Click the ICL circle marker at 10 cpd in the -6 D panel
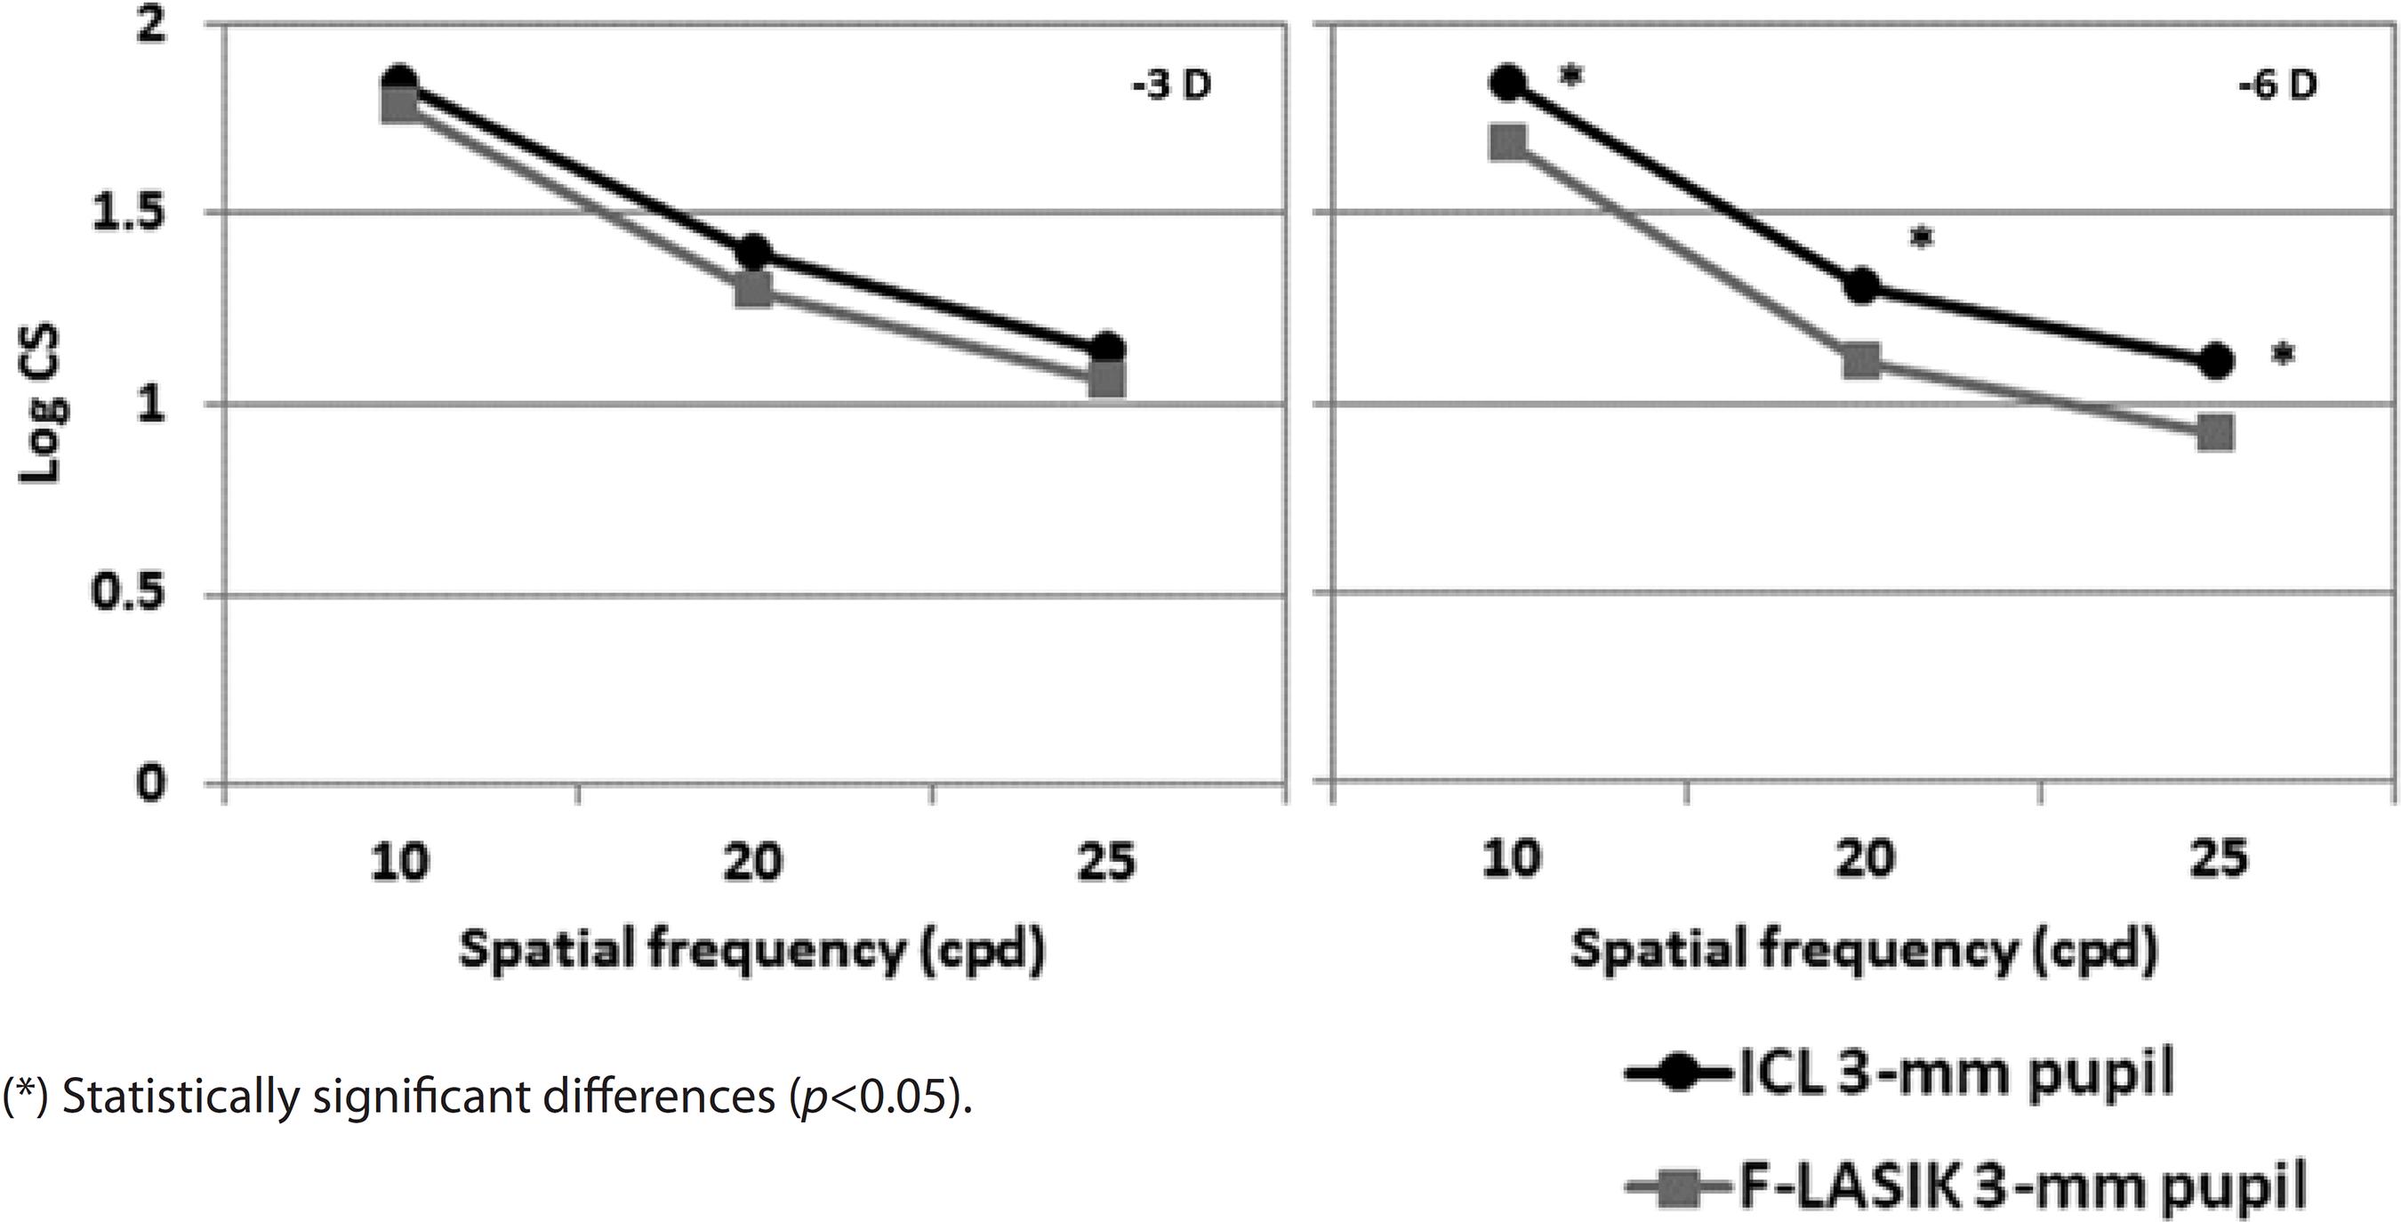[x=1508, y=82]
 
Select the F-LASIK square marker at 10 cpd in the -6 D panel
[x=1508, y=143]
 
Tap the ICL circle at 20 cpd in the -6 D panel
[x=1861, y=286]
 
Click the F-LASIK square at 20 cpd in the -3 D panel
[x=753, y=291]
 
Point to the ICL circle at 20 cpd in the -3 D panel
[x=753, y=253]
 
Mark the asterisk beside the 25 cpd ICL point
[x=2282, y=355]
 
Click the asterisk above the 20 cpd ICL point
[x=1922, y=238]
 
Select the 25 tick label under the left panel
[x=1106, y=862]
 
